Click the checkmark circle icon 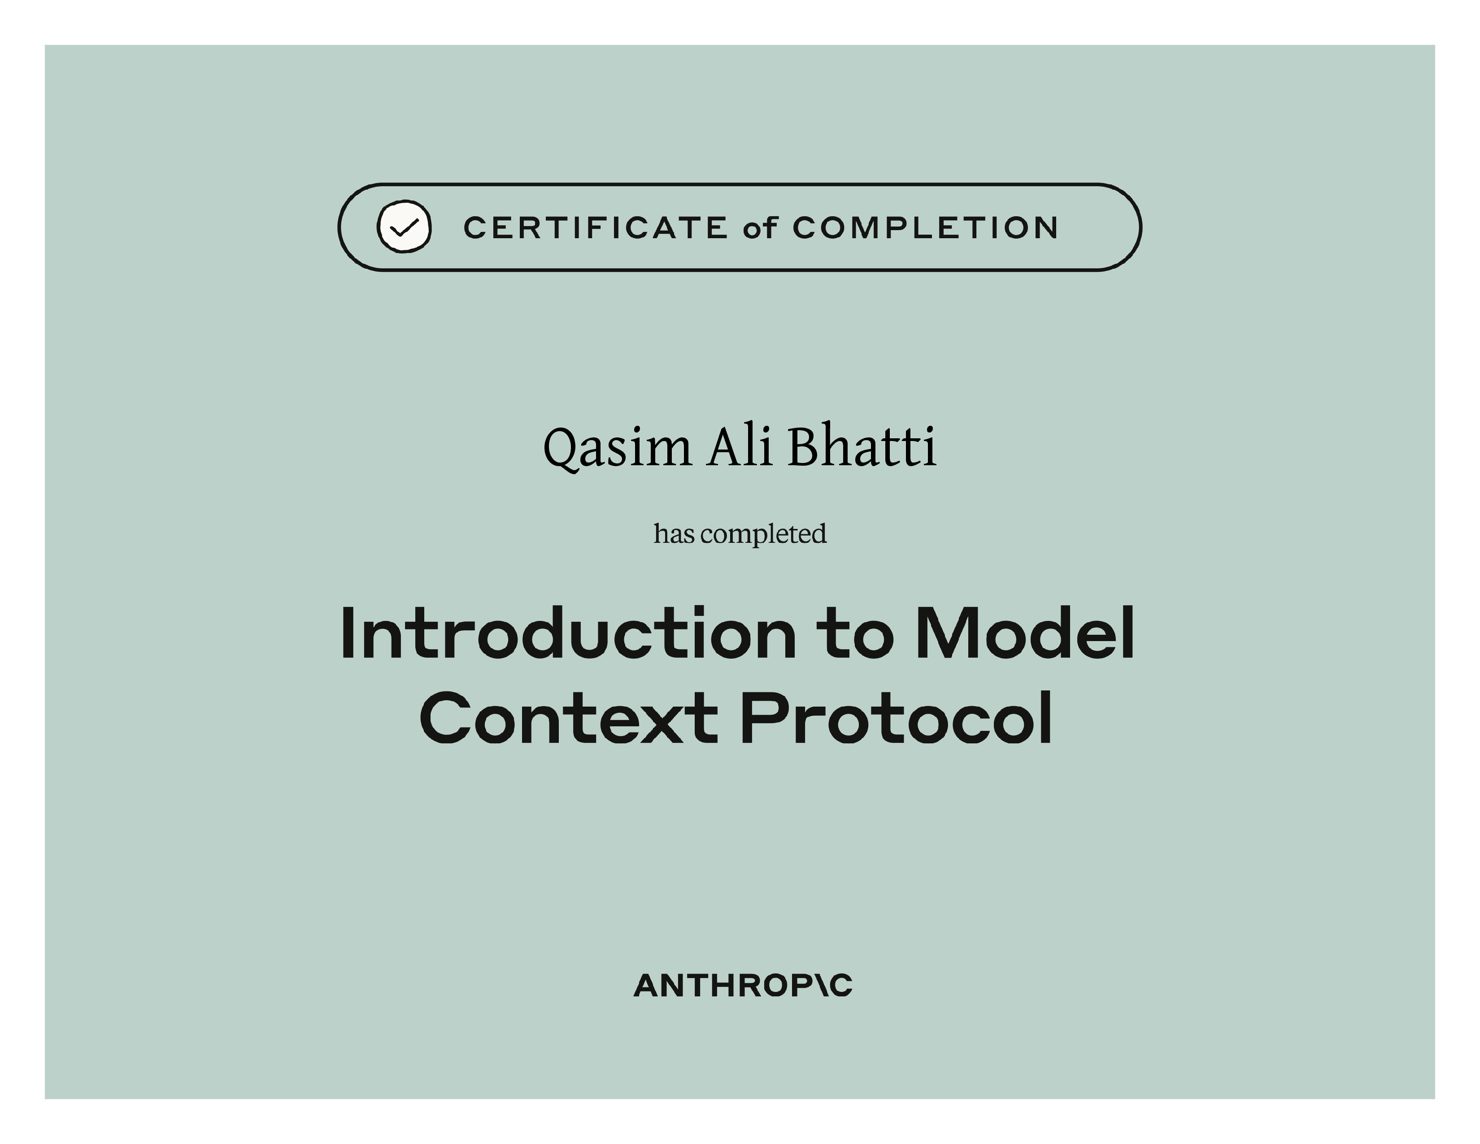click(404, 227)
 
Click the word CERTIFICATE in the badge click(596, 228)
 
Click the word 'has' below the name click(674, 533)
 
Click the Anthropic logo click(743, 986)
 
